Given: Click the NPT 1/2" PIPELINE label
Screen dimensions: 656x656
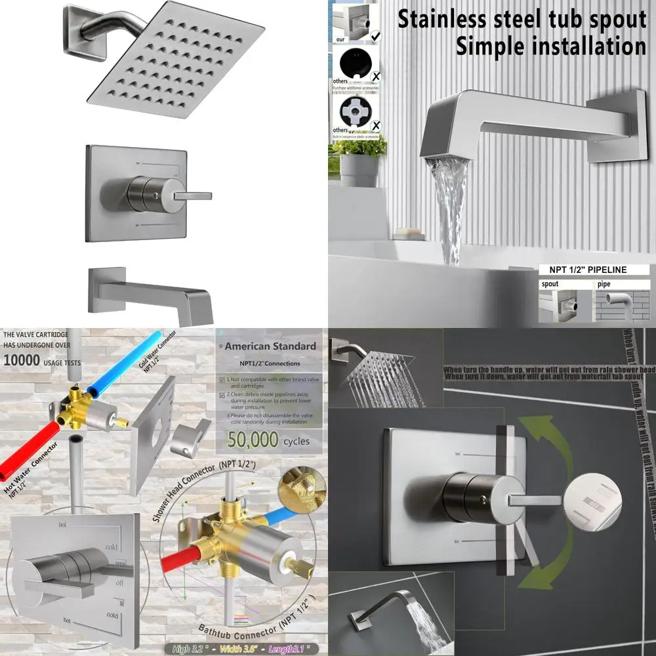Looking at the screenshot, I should (583, 270).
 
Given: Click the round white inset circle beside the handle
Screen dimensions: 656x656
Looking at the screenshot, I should (591, 499).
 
